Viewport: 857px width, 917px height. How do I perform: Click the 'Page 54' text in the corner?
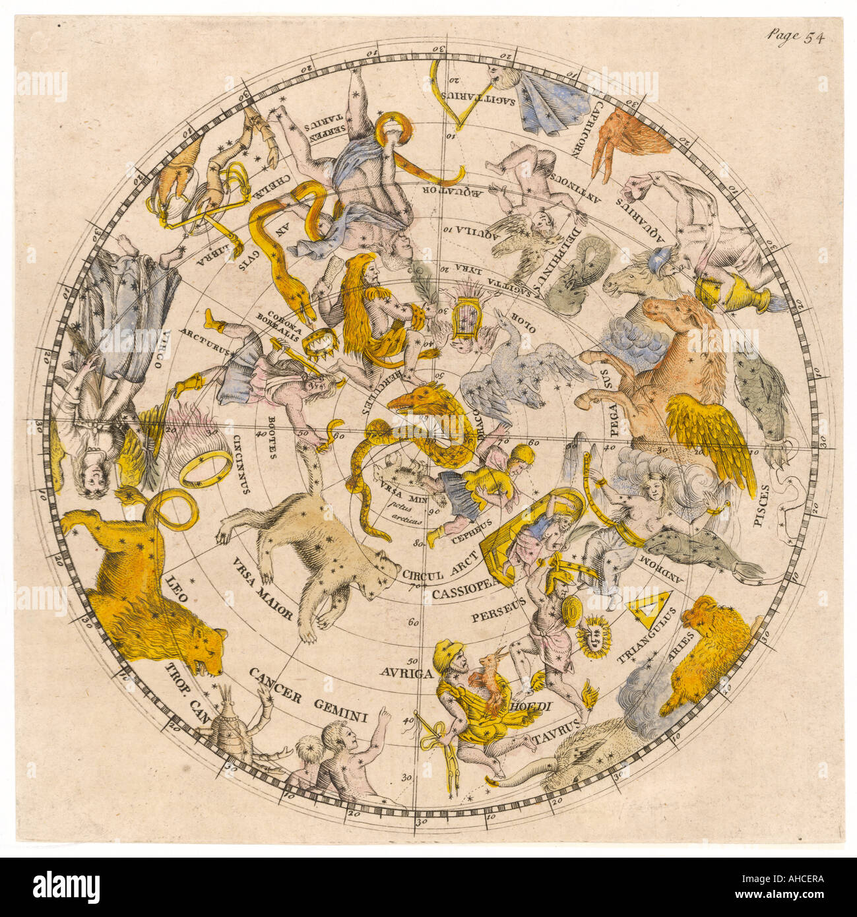795,37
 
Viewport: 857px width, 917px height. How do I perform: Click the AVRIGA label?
406,673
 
